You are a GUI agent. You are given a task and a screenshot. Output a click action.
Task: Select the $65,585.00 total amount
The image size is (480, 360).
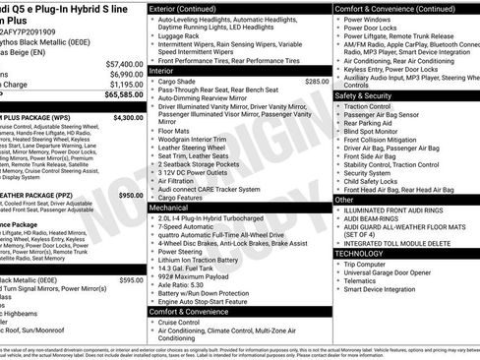124,95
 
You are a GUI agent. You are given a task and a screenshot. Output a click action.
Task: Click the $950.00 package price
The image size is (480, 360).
130,195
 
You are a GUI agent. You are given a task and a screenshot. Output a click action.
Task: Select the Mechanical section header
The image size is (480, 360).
169,208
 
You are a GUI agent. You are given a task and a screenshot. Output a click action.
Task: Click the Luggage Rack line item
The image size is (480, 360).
183,35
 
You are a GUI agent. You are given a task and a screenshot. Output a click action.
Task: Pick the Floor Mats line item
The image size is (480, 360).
173,131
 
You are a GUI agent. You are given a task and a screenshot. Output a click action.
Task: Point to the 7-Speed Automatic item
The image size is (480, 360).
190,226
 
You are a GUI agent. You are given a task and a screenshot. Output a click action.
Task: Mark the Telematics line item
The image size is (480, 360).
363,280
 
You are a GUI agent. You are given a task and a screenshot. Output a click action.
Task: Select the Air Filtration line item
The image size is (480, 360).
178,181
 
